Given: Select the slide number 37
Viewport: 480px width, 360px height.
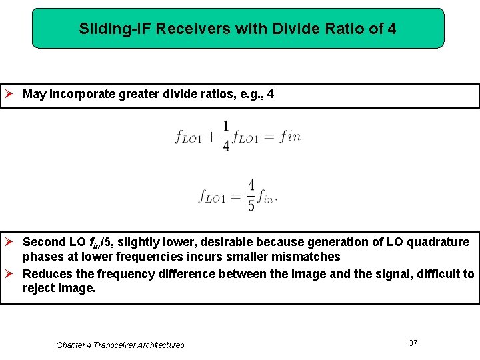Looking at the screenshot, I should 413,343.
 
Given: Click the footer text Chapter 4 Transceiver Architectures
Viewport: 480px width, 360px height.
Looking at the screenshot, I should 120,345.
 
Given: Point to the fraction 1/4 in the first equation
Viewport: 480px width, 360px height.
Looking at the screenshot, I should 226,136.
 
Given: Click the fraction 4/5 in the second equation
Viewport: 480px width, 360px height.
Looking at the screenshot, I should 251,195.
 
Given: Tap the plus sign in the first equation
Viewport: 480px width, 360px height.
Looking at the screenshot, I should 211,137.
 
